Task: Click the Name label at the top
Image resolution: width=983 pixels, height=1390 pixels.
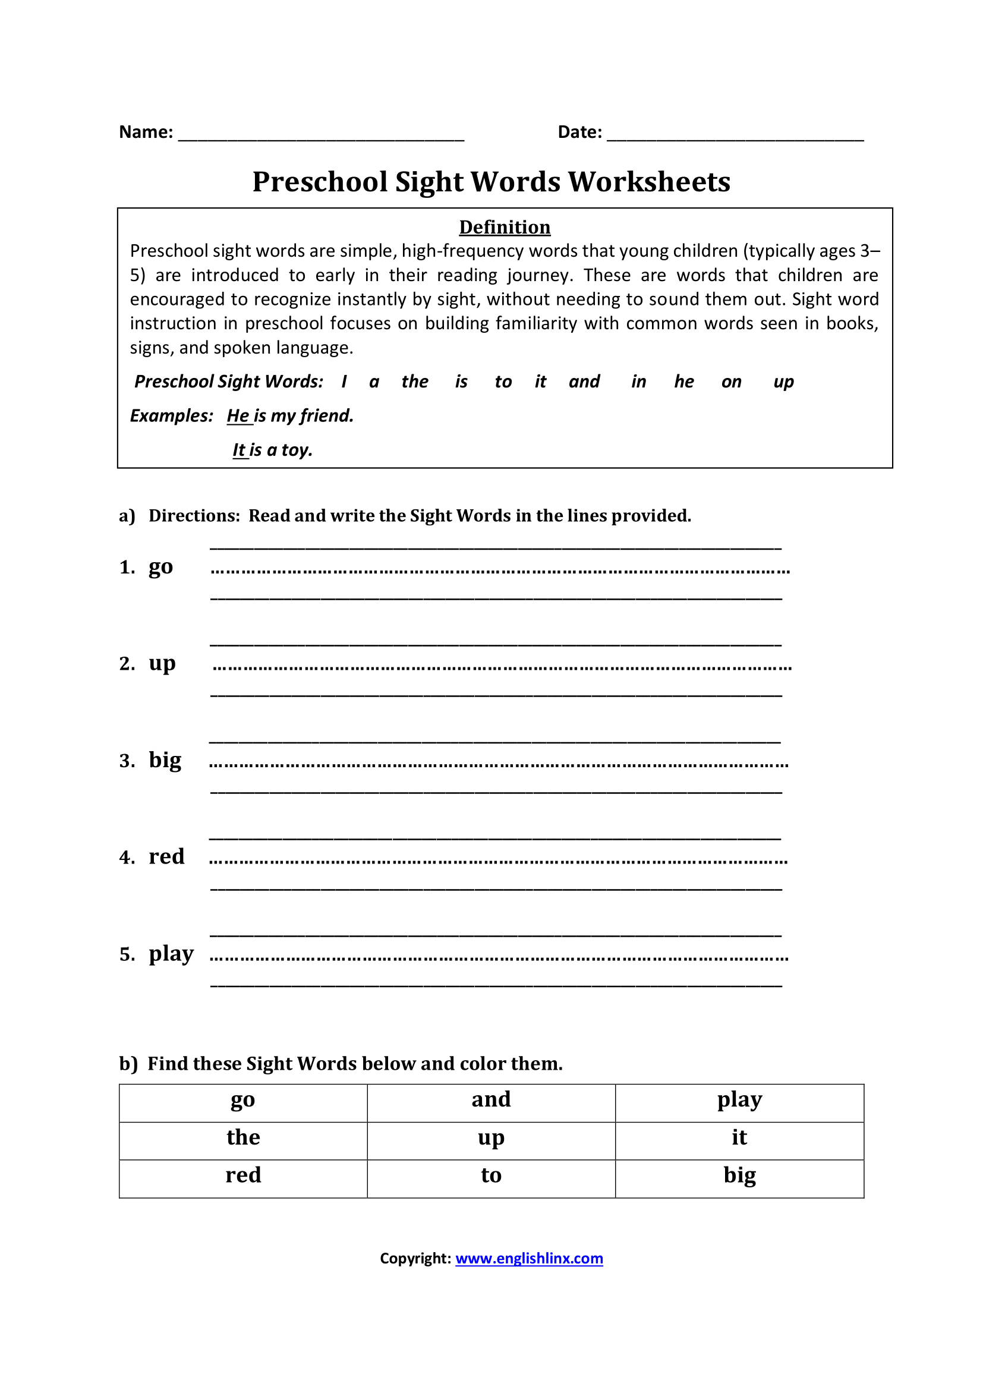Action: coord(146,132)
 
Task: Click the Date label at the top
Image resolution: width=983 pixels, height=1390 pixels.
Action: coord(579,132)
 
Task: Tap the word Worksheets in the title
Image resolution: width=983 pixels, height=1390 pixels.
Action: coord(649,182)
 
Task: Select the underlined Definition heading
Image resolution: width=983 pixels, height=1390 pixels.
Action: coord(504,227)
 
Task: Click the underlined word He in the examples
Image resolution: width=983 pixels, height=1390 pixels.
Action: coord(238,416)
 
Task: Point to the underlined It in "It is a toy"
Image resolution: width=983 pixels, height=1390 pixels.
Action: coord(240,450)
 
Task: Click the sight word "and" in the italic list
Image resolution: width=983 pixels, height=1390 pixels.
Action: coord(584,382)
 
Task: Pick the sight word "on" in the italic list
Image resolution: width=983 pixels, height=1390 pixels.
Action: coord(731,382)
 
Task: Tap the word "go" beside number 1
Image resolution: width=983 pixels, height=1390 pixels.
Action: coord(160,568)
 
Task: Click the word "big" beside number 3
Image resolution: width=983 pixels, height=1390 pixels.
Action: coord(165,761)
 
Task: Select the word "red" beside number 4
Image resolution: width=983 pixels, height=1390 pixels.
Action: coord(166,857)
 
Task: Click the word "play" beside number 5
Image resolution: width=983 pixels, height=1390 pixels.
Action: coord(171,953)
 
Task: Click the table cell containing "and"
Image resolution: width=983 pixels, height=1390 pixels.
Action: coord(491,1100)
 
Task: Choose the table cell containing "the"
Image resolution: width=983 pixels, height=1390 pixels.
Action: coord(242,1138)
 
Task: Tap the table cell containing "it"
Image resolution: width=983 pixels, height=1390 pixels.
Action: coord(739,1138)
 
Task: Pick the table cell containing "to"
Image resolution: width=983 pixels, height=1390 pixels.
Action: coord(491,1175)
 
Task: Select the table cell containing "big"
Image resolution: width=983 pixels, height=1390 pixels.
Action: coord(739,1175)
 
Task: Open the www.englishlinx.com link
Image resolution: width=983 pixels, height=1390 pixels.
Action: coord(529,1259)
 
